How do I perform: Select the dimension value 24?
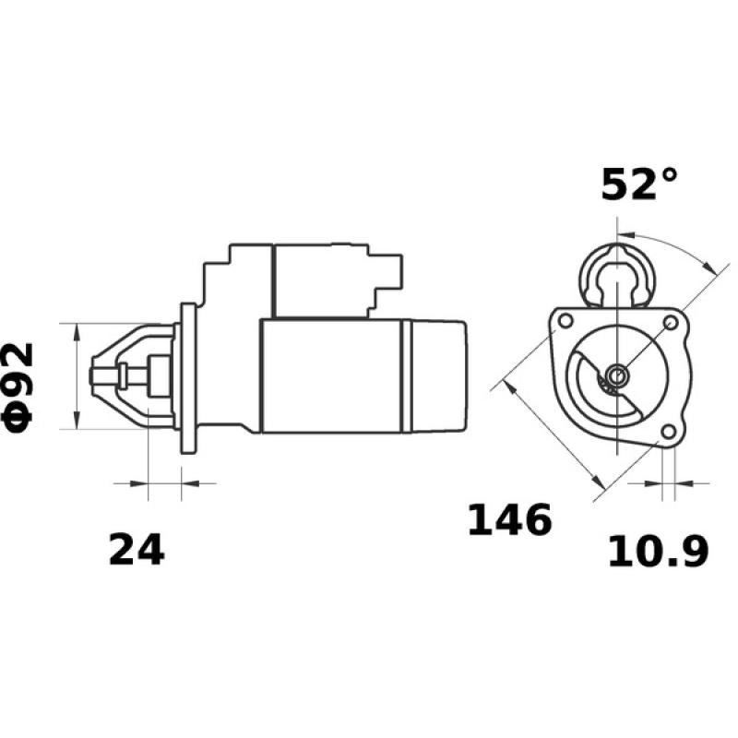click(137, 550)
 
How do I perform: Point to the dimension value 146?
click(509, 521)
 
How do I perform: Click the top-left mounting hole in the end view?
click(563, 320)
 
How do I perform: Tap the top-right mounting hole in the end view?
click(671, 323)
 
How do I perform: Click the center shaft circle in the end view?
click(615, 375)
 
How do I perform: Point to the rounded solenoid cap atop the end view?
click(615, 269)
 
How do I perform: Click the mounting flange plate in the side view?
click(189, 377)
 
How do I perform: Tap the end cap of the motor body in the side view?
click(436, 375)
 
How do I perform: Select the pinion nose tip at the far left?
click(94, 375)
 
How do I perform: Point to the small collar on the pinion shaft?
click(124, 375)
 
